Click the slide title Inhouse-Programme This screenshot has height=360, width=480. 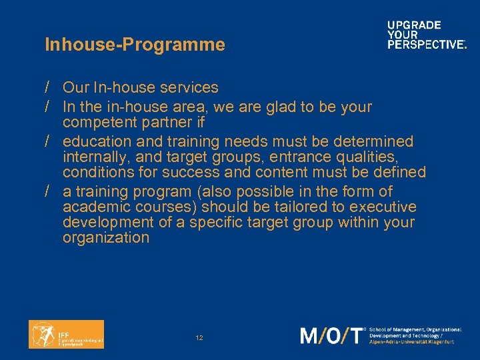point(135,45)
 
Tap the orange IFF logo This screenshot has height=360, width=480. point(66,334)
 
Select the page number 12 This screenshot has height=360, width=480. point(199,338)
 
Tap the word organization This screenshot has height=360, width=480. point(106,237)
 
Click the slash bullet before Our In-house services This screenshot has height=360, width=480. point(49,87)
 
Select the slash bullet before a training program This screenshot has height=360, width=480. point(49,191)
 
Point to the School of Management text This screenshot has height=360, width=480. point(415,330)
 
